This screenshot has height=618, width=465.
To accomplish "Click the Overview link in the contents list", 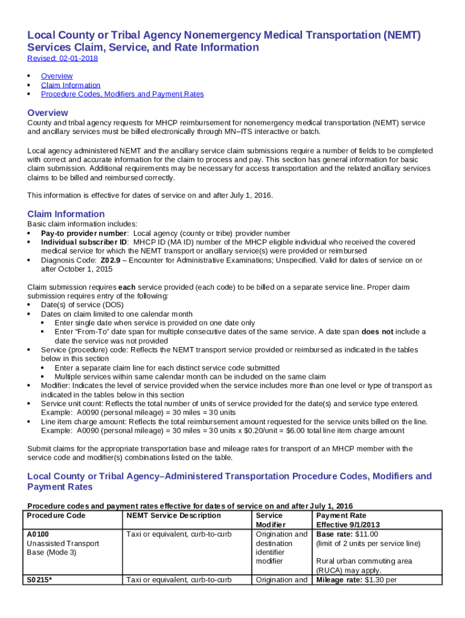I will [57, 76].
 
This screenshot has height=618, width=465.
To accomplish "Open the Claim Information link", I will [71, 85].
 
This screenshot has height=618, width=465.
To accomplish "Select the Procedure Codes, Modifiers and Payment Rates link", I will [122, 94].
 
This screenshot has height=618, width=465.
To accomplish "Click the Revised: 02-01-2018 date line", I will [63, 59].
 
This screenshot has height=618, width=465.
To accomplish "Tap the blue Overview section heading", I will [48, 113].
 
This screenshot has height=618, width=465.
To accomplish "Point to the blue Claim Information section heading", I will [66, 214].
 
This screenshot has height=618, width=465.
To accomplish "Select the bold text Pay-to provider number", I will [84, 233].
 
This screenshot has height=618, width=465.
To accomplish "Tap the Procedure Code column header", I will [56, 516].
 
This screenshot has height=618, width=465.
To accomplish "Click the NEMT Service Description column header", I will [173, 516].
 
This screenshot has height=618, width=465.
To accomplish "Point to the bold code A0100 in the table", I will [38, 535].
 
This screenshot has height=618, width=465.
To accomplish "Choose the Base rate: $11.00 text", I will [347, 535].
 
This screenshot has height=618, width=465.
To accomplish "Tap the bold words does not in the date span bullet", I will [377, 332].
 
